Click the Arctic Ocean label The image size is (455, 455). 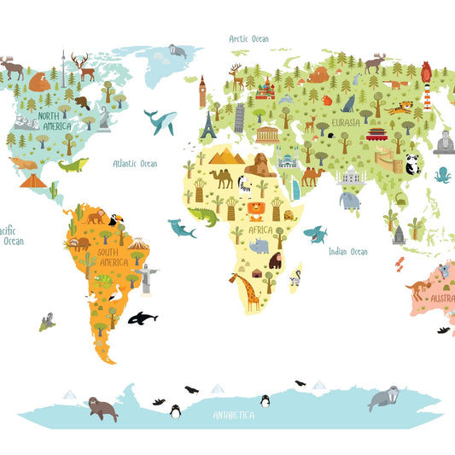click(x=248, y=38)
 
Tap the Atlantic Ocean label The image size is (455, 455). click(x=137, y=163)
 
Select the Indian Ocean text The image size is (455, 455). click(x=347, y=252)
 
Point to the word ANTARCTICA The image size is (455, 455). click(x=233, y=416)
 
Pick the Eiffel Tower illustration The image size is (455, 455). click(x=208, y=125)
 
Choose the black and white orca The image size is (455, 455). click(x=142, y=318)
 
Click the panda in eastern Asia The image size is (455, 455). click(x=412, y=164)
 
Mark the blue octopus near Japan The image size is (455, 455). click(x=442, y=176)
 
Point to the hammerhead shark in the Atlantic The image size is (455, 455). click(x=181, y=228)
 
